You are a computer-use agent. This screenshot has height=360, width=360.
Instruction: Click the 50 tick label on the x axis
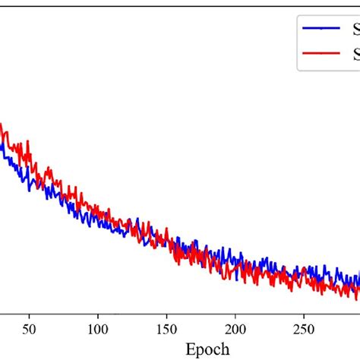[29, 321]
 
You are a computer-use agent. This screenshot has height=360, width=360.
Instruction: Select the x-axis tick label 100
[97, 321]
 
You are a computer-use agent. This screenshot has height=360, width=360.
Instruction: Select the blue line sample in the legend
[321, 30]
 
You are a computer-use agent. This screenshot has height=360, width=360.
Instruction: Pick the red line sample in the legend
[321, 54]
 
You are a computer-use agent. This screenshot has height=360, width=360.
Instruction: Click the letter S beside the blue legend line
[355, 30]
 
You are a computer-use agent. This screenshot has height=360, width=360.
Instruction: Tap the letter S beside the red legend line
[355, 54]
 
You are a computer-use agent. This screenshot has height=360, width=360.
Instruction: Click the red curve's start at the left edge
[2, 125]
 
